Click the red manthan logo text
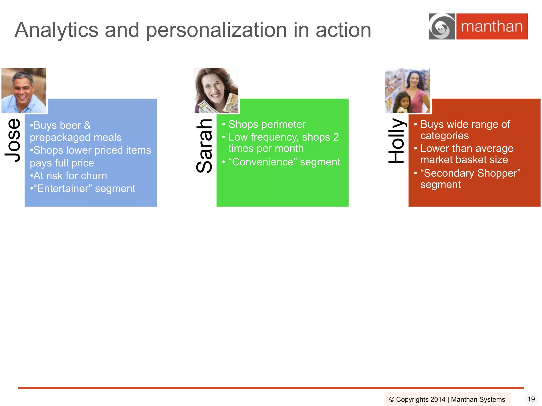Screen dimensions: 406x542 492,26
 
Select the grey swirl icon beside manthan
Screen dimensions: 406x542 442,26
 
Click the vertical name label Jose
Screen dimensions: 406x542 13,140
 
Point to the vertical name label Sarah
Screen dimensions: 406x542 204,146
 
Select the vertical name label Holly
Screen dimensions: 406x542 396,141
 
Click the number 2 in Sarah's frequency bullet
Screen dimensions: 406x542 336,137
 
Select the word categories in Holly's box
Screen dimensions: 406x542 445,136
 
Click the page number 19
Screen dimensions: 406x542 531,399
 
